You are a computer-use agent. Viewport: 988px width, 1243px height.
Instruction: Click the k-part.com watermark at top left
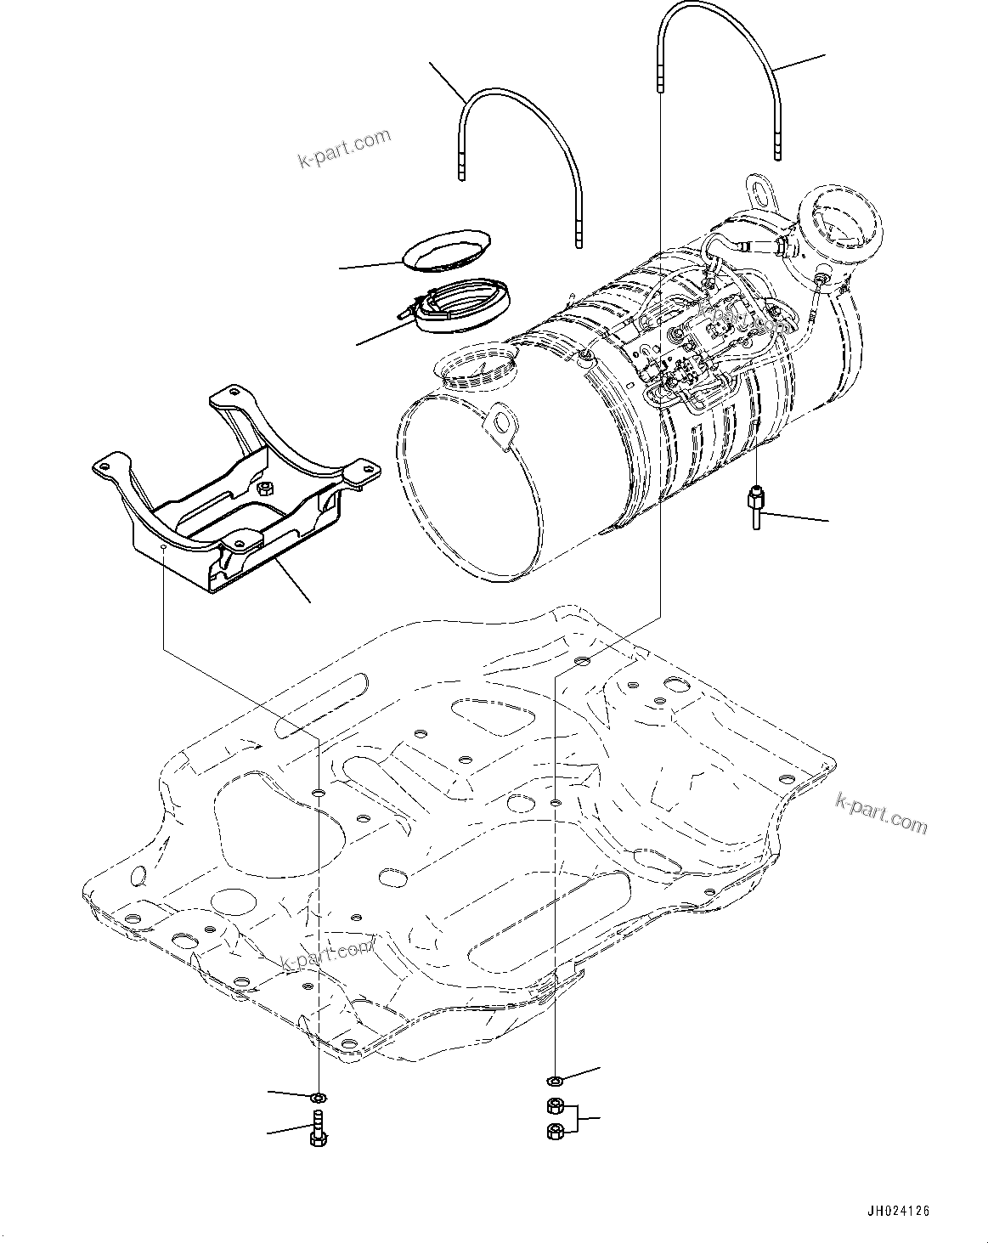click(344, 147)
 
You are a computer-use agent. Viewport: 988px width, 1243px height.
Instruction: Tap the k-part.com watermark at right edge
click(881, 814)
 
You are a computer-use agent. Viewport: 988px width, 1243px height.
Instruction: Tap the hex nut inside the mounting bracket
click(264, 488)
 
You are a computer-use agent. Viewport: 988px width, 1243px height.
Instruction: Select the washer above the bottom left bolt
click(319, 1097)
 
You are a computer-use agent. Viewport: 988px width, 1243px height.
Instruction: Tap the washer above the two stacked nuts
click(553, 1081)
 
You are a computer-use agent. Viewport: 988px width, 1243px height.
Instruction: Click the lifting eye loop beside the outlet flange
click(759, 190)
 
